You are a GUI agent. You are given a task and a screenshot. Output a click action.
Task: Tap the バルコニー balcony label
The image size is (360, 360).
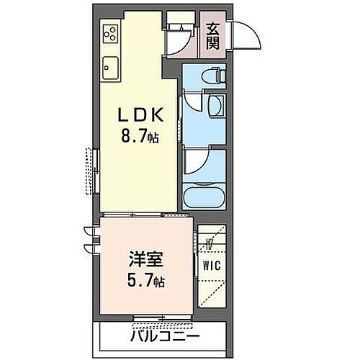click(x=165, y=336)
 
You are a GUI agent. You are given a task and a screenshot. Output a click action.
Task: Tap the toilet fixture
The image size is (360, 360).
click(x=212, y=75)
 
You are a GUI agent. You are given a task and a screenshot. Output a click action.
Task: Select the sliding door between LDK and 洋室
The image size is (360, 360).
click(x=148, y=215)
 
